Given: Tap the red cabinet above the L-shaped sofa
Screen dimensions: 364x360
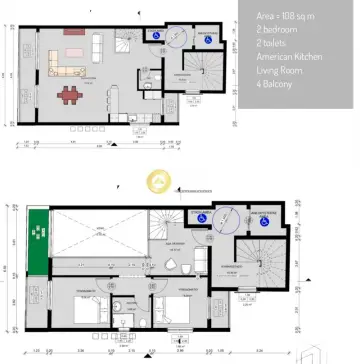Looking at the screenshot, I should pos(75,32).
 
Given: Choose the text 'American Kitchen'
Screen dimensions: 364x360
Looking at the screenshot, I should pos(290,58).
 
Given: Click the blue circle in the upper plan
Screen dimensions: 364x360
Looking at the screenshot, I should pos(180,36).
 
